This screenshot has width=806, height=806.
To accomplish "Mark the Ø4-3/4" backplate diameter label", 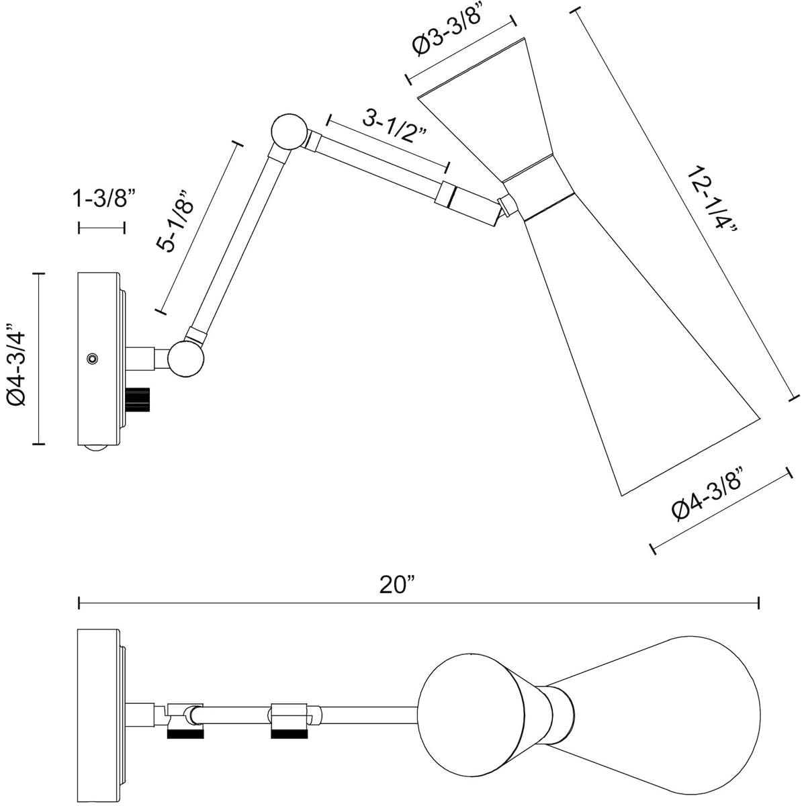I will [16, 359].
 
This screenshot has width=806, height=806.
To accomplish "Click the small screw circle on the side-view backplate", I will [93, 359].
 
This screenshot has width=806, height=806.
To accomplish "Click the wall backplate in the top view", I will [99, 705].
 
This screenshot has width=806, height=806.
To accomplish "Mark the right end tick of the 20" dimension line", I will [759, 603].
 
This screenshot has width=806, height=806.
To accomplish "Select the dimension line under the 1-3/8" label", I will [102, 228].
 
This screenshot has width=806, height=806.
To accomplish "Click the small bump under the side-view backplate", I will [98, 451].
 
